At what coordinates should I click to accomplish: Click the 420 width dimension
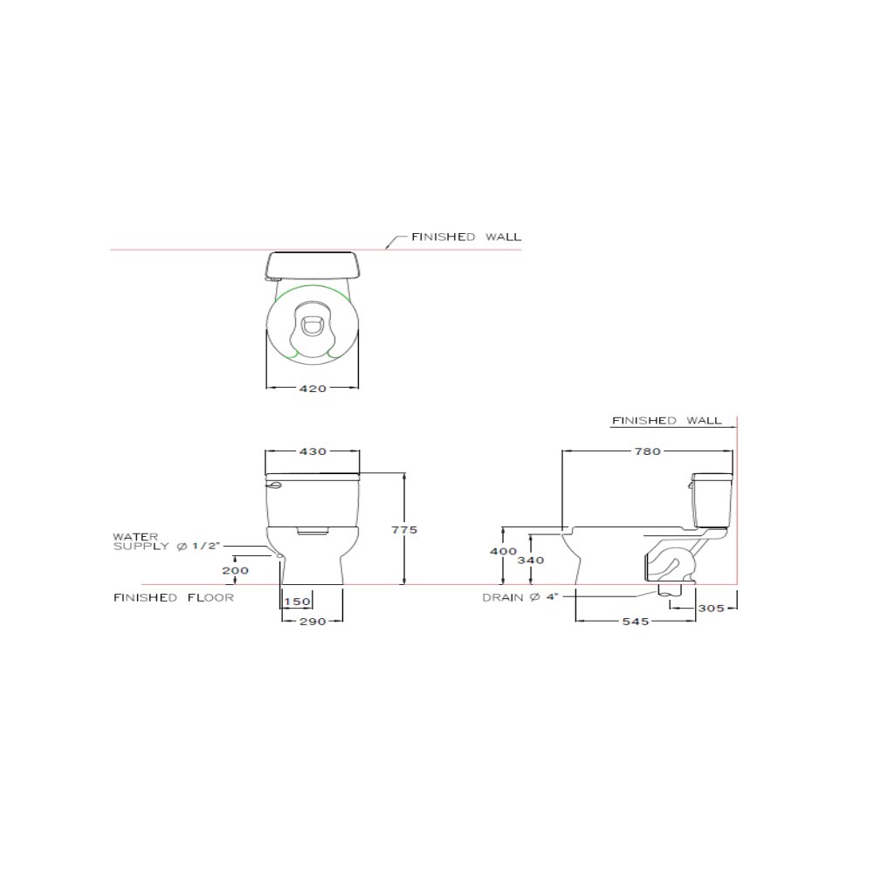[x=313, y=389]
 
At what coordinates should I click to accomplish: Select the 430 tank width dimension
[x=313, y=451]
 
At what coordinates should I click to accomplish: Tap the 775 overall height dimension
[x=404, y=530]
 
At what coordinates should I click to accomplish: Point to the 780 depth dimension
[x=648, y=451]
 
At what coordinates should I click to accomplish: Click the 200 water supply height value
[x=235, y=571]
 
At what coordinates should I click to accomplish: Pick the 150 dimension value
[x=297, y=602]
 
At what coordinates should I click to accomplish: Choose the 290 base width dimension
[x=313, y=622]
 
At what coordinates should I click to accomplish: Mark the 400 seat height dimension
[x=503, y=551]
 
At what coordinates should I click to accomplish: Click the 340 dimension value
[x=531, y=561]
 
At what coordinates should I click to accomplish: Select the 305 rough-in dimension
[x=712, y=608]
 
